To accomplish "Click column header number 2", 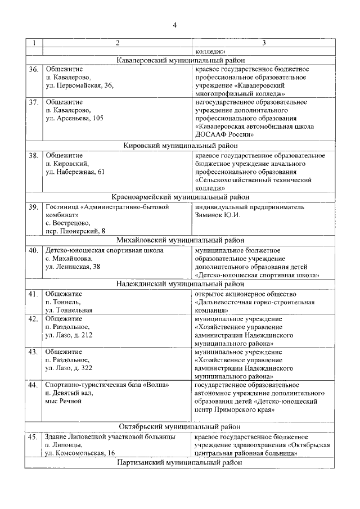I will [117, 43].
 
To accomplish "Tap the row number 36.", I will [34, 69].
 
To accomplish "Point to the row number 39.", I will [34, 207].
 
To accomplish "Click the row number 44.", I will [34, 385].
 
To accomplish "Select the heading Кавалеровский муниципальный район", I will [180, 60].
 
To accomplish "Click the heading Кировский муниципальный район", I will [180, 145].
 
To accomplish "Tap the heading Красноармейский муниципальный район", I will [180, 197].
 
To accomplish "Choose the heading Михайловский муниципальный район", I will [180, 240].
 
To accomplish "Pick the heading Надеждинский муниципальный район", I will [180, 284].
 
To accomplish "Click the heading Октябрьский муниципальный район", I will [180, 426].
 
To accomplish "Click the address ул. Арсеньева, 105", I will [75, 119].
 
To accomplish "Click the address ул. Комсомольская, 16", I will [80, 453].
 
